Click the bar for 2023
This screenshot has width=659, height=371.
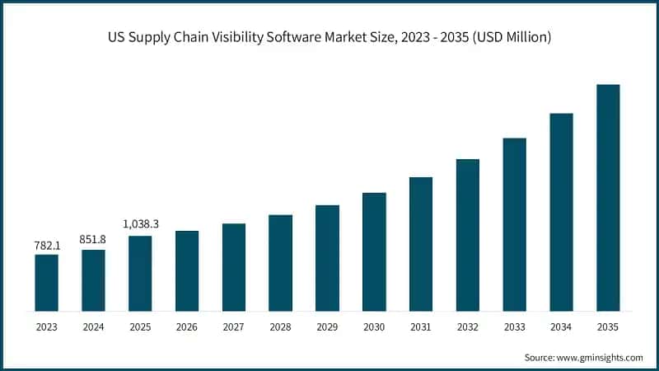(x=46, y=283)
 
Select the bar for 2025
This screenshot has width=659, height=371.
(x=140, y=274)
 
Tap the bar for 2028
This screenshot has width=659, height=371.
(x=280, y=263)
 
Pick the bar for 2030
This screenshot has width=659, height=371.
(x=374, y=251)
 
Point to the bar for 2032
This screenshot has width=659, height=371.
(x=467, y=235)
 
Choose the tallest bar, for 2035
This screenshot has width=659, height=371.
(x=608, y=198)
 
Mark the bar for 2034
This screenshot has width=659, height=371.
(x=561, y=212)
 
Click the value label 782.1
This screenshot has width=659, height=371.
(x=46, y=245)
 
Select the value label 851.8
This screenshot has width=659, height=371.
(x=93, y=240)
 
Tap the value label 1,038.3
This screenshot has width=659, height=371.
(x=140, y=224)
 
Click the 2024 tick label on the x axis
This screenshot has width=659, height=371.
(x=93, y=327)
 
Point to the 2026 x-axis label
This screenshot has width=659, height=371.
(x=187, y=327)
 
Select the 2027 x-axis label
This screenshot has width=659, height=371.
(x=233, y=327)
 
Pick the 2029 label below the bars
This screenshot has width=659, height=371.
(x=327, y=327)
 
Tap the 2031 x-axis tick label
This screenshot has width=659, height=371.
(x=421, y=327)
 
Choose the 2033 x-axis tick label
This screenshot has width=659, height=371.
(x=514, y=327)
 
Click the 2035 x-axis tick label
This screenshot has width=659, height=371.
(x=608, y=327)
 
